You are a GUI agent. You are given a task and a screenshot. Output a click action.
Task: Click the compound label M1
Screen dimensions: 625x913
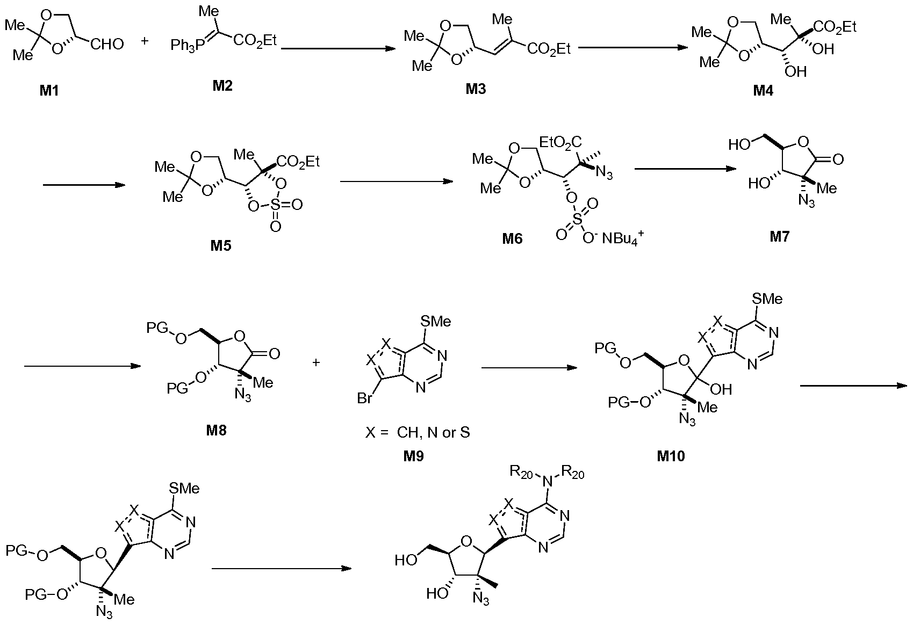pyautogui.click(x=49, y=90)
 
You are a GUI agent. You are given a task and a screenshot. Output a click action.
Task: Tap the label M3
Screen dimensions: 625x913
pyautogui.click(x=475, y=89)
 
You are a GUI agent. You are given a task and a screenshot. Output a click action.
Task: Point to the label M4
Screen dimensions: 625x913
pyautogui.click(x=763, y=90)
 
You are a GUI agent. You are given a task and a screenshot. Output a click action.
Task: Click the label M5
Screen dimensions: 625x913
pyautogui.click(x=221, y=245)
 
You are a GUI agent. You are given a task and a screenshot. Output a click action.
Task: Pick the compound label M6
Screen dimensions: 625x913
pyautogui.click(x=512, y=238)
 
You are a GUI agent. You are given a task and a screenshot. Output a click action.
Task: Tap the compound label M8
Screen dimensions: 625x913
pyautogui.click(x=215, y=430)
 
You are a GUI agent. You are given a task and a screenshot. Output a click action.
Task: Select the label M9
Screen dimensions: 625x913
pyautogui.click(x=413, y=456)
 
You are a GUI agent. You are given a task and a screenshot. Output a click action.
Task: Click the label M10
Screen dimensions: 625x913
pyautogui.click(x=671, y=456)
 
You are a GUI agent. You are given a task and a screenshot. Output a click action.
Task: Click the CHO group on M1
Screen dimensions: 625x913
pyautogui.click(x=107, y=43)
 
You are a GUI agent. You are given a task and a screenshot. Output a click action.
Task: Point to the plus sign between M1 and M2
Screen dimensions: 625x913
pyautogui.click(x=145, y=41)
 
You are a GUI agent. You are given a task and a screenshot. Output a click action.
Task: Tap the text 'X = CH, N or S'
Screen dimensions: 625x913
pyautogui.click(x=418, y=432)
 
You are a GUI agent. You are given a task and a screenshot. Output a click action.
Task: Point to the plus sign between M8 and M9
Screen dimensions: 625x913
pyautogui.click(x=316, y=362)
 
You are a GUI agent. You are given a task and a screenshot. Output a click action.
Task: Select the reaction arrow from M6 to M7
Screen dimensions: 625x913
pyautogui.click(x=685, y=169)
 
